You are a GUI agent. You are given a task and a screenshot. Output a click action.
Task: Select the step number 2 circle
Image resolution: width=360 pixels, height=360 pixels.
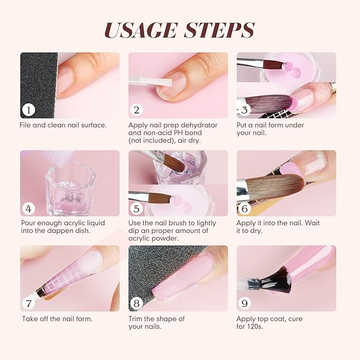(137, 110)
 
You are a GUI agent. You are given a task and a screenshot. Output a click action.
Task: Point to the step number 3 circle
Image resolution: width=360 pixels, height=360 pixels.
(245, 110)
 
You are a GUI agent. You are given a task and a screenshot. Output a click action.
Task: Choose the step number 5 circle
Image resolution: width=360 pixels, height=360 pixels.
(137, 208)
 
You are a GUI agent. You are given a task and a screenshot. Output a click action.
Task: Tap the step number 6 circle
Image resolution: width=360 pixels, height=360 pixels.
(245, 208)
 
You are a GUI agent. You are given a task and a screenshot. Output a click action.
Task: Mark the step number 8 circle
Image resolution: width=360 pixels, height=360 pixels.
(137, 304)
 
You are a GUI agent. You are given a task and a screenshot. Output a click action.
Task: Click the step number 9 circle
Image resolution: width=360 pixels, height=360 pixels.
(245, 304)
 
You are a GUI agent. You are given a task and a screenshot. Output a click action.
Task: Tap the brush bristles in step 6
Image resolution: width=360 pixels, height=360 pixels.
(270, 187)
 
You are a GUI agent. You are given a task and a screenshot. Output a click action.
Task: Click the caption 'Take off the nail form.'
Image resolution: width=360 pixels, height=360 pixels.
(57, 319)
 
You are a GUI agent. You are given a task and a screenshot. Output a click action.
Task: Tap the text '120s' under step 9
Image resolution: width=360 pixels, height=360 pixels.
(256, 327)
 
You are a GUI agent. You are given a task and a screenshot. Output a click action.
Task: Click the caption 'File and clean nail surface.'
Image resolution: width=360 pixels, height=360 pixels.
(63, 125)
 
